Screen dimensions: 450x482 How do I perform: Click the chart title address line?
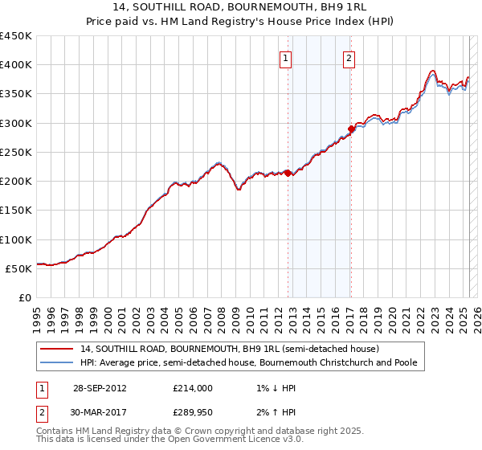241,9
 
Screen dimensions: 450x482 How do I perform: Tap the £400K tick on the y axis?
16,65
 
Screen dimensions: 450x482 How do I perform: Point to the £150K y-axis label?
16,210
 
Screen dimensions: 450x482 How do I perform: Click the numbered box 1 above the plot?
286,58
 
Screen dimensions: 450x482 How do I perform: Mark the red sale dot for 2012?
288,173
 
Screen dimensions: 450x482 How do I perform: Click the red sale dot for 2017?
351,129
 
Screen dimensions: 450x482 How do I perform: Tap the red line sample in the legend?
58,349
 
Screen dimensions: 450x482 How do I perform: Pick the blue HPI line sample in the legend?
58,362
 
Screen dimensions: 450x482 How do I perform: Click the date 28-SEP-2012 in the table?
100,388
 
